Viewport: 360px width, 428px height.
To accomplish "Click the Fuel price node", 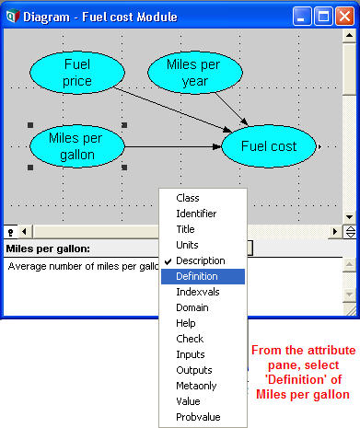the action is pos(77,73).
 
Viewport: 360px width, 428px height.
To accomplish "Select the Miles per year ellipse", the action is pos(195,73).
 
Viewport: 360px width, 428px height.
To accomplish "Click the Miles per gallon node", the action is pos(77,146).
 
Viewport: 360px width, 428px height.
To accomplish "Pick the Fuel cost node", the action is pos(269,146).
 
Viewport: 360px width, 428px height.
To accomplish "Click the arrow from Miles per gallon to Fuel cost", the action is pos(173,147).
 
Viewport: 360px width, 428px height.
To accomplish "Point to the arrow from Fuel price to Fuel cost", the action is pos(172,110).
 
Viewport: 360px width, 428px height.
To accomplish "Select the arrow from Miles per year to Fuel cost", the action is pos(231,110).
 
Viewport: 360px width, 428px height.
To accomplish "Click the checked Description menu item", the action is pos(201,260).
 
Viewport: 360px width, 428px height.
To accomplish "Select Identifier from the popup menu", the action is pos(196,214).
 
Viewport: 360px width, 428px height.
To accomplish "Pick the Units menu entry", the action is pos(187,245).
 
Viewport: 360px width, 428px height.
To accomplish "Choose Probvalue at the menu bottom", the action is pos(198,417).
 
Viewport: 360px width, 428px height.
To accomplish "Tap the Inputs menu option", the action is pos(191,354).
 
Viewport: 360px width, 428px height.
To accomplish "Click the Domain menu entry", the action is pos(192,307).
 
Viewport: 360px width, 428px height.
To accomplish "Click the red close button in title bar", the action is pos(345,16).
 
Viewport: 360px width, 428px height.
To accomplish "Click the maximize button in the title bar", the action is pos(323,16).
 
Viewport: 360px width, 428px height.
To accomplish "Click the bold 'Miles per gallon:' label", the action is pos(48,249).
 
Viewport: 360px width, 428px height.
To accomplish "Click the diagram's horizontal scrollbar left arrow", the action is pos(25,231).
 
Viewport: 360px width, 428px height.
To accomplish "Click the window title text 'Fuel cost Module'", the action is pos(130,17).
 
